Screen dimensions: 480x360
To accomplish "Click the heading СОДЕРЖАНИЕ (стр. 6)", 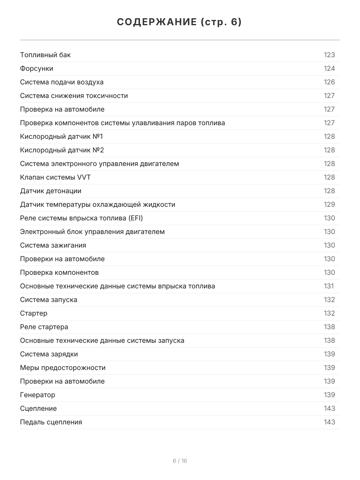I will point(180,22).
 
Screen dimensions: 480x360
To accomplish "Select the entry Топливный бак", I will point(45,55).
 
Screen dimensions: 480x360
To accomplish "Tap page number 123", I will point(329,55).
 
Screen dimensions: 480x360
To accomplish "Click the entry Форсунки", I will point(36,68).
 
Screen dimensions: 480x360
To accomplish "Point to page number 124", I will point(329,68).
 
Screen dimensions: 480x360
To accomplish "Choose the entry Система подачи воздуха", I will point(62,82).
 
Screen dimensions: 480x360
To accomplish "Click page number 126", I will point(329,82).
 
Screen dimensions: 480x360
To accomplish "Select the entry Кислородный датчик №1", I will point(61,136).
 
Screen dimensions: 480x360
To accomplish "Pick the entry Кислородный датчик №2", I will point(62,150).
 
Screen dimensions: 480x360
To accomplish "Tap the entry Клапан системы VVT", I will point(58,177).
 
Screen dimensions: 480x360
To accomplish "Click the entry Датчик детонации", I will point(50,191).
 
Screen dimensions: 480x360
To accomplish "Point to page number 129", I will point(329,204).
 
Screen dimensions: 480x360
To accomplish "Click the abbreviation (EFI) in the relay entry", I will point(136,218).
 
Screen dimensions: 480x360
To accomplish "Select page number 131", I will point(328,286).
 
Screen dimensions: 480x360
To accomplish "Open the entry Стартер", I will point(34,313).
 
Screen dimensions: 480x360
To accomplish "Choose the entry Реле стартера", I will point(44,327).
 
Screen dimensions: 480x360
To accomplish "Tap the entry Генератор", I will point(38,395).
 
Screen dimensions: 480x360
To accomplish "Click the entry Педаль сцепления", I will point(51,422).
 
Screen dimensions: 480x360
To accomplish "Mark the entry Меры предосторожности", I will point(63,368).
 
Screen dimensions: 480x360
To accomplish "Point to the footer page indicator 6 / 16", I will point(180,461).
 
